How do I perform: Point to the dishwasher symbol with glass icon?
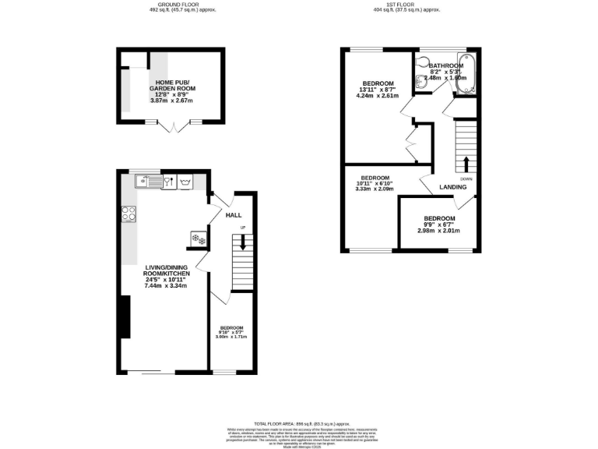[x=167, y=182]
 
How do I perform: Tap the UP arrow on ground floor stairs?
[x=242, y=242]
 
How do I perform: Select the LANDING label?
[x=453, y=187]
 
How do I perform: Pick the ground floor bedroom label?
[x=231, y=327]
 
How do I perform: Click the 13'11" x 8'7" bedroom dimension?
[x=378, y=91]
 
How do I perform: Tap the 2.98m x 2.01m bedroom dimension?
[x=439, y=231]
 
